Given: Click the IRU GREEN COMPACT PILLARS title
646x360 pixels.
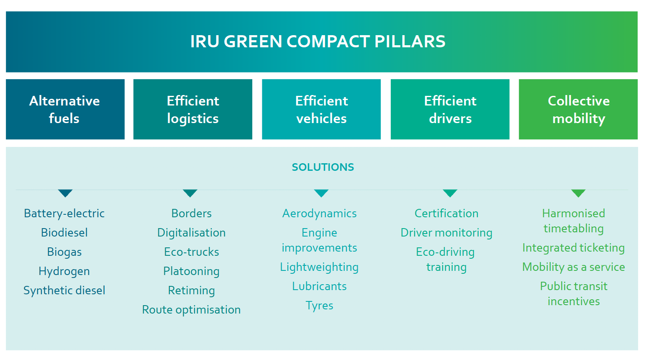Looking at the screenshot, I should click(318, 41).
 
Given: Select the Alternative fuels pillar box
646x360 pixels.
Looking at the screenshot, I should click(65, 109).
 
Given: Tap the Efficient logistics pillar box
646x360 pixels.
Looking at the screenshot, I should click(192, 109).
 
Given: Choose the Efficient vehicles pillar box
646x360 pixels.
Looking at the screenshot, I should click(321, 109).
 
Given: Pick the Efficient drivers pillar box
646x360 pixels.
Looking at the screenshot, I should click(450, 109).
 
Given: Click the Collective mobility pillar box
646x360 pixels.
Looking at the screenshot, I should click(578, 109).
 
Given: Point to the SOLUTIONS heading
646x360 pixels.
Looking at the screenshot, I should click(323, 167).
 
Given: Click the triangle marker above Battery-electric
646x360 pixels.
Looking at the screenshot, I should click(65, 193).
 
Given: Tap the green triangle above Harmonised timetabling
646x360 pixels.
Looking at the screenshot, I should click(578, 193).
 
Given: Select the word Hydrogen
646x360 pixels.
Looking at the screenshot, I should click(64, 271).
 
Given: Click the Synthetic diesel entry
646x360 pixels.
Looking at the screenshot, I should click(64, 291).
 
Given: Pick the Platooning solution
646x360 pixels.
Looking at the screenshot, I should click(191, 271).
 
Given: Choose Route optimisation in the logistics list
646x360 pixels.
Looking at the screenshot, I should click(191, 310).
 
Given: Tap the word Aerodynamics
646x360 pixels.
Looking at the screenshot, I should click(319, 213).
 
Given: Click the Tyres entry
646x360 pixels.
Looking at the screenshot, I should click(319, 306).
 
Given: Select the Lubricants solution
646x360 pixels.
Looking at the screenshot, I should click(319, 286).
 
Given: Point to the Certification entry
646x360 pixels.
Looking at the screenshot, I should click(446, 213).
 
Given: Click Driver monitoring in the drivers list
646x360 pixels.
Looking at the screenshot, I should click(446, 233).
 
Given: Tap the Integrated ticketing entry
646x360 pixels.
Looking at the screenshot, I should click(573, 248).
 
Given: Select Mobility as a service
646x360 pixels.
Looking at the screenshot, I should click(573, 267).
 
